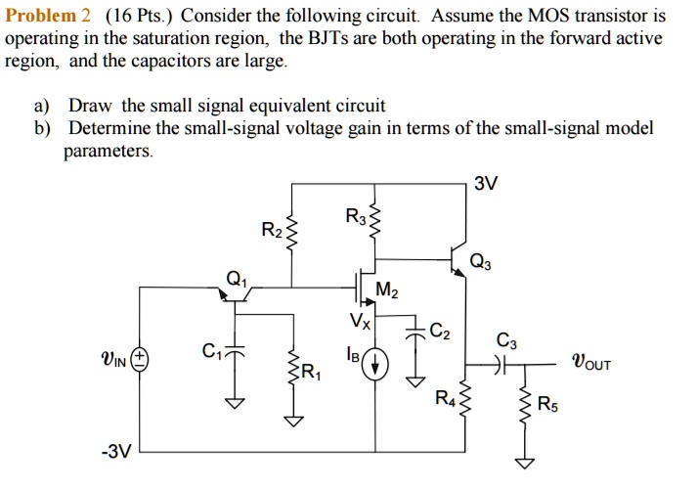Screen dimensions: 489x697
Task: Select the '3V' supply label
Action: [x=486, y=184]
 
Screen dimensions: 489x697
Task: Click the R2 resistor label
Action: [x=272, y=231]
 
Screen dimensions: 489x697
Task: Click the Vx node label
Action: [x=360, y=321]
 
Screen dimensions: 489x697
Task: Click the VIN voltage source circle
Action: [x=141, y=358]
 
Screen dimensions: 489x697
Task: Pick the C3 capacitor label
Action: [x=507, y=341]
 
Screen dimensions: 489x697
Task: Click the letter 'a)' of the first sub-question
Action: [x=47, y=105]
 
